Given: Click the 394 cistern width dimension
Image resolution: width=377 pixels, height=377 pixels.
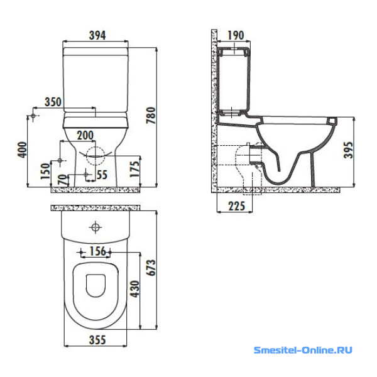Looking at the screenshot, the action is tap(97, 35).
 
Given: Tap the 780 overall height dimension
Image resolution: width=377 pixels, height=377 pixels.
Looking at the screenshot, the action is tap(151, 116).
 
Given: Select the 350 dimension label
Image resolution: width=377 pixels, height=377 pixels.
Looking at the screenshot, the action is tap(53, 102).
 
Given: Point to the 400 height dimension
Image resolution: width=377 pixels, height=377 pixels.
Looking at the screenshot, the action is tap(23, 150).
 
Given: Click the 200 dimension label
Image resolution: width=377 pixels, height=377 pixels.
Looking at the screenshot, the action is tap(85, 135).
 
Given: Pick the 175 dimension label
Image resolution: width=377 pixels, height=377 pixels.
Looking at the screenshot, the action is tap(134, 169).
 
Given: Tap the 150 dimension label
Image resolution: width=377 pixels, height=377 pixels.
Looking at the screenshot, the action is tap(45, 171).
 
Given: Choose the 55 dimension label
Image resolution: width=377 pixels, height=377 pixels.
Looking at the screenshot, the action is tap(102, 175).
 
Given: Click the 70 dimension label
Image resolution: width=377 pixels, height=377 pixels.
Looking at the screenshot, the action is tap(62, 180).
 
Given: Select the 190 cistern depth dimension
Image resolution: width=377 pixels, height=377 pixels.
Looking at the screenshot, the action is tap(236, 35).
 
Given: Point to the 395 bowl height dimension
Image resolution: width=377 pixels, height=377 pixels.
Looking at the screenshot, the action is tap(348, 150).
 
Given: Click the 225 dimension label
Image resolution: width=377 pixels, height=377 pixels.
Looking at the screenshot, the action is tap(237, 206).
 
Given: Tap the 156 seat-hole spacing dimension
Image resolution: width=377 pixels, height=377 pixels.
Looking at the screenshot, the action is tap(97, 251).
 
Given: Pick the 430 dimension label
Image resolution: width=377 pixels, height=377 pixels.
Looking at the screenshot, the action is tap(135, 289).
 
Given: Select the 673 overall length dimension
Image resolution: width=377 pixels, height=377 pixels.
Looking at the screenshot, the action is tap(151, 268).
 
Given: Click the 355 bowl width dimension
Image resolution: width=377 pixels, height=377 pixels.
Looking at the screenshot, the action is tap(97, 340).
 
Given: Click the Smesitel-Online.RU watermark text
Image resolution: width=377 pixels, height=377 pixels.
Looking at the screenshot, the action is tap(303, 350).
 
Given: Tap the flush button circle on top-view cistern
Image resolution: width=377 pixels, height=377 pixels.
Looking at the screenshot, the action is tap(96, 227).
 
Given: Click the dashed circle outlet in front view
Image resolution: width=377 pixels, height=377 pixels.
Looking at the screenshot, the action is tap(96, 156).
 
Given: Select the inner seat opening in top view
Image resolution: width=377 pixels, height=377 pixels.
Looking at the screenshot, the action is tap(96, 285).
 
